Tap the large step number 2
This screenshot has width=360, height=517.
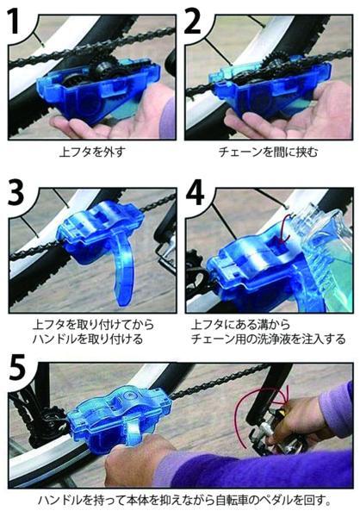pos(193,22)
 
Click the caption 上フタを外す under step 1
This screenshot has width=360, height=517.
pos(93,152)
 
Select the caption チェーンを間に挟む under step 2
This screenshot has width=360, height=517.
pos(268,152)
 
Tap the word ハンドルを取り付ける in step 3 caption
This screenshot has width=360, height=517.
pos(88,339)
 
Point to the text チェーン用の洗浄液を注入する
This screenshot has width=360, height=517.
pos(268,339)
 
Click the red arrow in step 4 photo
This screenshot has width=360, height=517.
pos(285,227)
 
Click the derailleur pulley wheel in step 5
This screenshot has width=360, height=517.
pos(53,418)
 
